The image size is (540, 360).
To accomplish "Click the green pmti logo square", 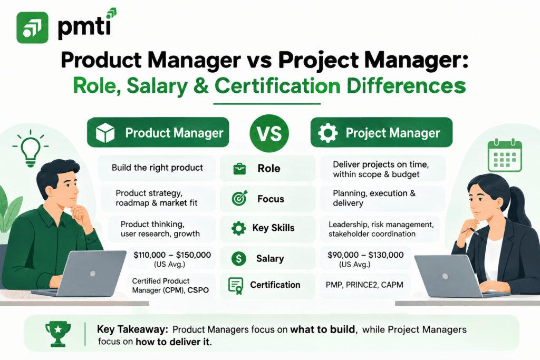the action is coord(32,27).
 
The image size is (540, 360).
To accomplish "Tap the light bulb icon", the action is coord(30,149).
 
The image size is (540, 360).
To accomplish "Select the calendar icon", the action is coord(505,155).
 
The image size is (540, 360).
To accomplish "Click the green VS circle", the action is coord(269,133).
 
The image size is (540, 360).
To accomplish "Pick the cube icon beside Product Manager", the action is coord(105,133).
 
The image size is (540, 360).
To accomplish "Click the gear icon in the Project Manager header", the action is coord(327,133).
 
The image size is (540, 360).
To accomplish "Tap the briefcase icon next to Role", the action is coord(239,169).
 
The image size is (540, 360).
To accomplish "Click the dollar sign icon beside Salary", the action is coord(239,258).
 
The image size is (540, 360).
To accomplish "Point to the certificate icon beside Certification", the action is coord(236,286).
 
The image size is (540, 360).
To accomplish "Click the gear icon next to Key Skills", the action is coord(238,228).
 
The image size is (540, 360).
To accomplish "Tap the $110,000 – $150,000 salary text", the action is coord(172,255).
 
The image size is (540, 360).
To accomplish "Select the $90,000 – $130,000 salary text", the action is coord(365,255).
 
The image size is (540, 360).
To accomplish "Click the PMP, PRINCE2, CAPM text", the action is coord(364,285).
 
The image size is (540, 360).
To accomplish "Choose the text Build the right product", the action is coord(157,168).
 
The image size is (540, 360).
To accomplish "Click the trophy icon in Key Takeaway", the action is coord(58,334).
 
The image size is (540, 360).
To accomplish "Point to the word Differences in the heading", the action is coord(406,86).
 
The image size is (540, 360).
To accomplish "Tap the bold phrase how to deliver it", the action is coord(173,342).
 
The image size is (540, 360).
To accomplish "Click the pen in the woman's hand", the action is coord(470,231).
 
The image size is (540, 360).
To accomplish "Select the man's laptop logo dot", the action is coord(92,274).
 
